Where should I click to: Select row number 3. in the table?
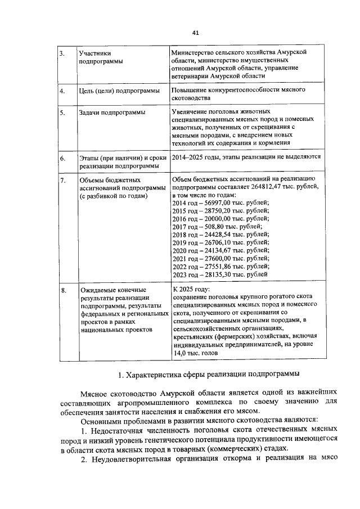tap(62, 53)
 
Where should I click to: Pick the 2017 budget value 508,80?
tap(210, 227)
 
